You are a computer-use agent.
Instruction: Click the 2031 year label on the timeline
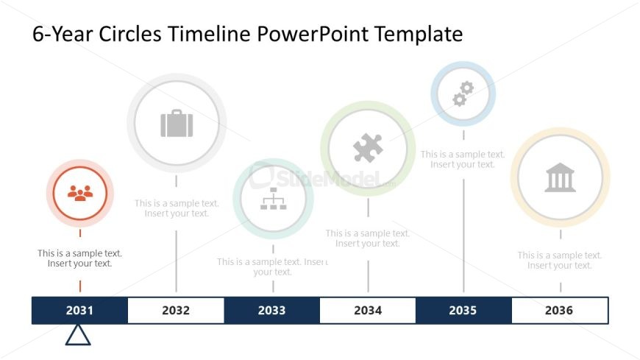pyautogui.click(x=79, y=311)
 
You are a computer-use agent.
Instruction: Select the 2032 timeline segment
pyautogui.click(x=176, y=311)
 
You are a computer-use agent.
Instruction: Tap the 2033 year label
pyautogui.click(x=271, y=311)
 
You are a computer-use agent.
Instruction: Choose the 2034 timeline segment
pyautogui.click(x=368, y=311)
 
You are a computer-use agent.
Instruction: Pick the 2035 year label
pyautogui.click(x=463, y=311)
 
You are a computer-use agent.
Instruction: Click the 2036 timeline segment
pyautogui.click(x=559, y=311)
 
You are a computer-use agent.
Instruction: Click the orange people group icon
pyautogui.click(x=80, y=193)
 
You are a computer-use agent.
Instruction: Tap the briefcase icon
pyautogui.click(x=177, y=123)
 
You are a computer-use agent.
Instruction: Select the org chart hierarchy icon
pyautogui.click(x=273, y=199)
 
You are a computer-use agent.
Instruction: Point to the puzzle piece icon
pyautogui.click(x=368, y=149)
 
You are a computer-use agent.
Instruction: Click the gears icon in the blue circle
pyautogui.click(x=463, y=93)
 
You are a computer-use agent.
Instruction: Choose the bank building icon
pyautogui.click(x=560, y=177)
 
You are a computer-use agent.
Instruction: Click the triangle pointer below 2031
pyautogui.click(x=78, y=336)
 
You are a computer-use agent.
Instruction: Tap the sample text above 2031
pyautogui.click(x=79, y=258)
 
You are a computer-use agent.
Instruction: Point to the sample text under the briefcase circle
pyautogui.click(x=177, y=208)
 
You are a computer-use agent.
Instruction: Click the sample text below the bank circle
pyautogui.click(x=559, y=261)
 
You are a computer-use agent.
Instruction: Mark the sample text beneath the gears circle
pyautogui.click(x=463, y=160)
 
